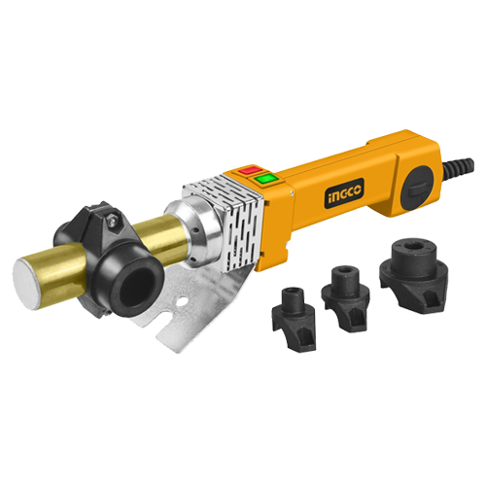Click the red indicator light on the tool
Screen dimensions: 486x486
[250, 170]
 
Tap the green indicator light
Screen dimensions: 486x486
[265, 178]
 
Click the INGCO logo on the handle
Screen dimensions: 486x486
[344, 192]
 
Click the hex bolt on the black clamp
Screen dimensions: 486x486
[112, 220]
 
